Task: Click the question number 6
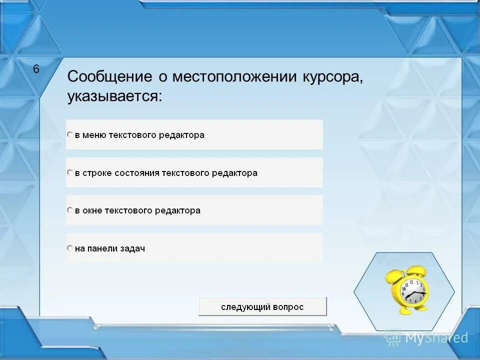(36, 69)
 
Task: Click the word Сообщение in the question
(109, 77)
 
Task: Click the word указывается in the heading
(114, 96)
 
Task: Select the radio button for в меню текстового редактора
(70, 134)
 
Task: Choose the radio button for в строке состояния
(70, 172)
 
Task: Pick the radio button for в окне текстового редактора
(70, 210)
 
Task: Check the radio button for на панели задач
(70, 248)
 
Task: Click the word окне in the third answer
(93, 210)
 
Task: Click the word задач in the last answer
(132, 248)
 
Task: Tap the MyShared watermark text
(436, 338)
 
